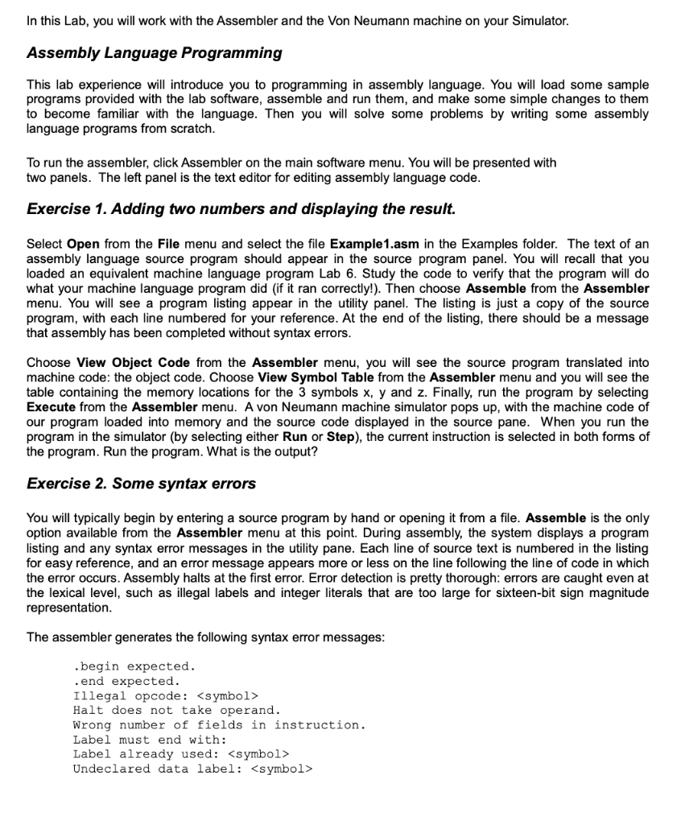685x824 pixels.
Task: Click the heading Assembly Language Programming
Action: click(x=154, y=53)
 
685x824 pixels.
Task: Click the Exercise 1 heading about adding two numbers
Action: click(x=241, y=209)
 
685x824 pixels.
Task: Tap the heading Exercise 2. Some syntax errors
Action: click(x=141, y=484)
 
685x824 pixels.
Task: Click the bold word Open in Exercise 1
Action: click(x=83, y=244)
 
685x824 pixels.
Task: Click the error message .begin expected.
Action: click(x=134, y=666)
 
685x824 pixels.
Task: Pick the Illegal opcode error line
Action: click(x=166, y=695)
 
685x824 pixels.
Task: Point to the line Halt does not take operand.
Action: click(x=176, y=710)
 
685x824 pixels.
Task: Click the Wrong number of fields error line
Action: click(x=219, y=725)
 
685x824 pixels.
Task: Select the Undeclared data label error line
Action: click(x=192, y=768)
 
